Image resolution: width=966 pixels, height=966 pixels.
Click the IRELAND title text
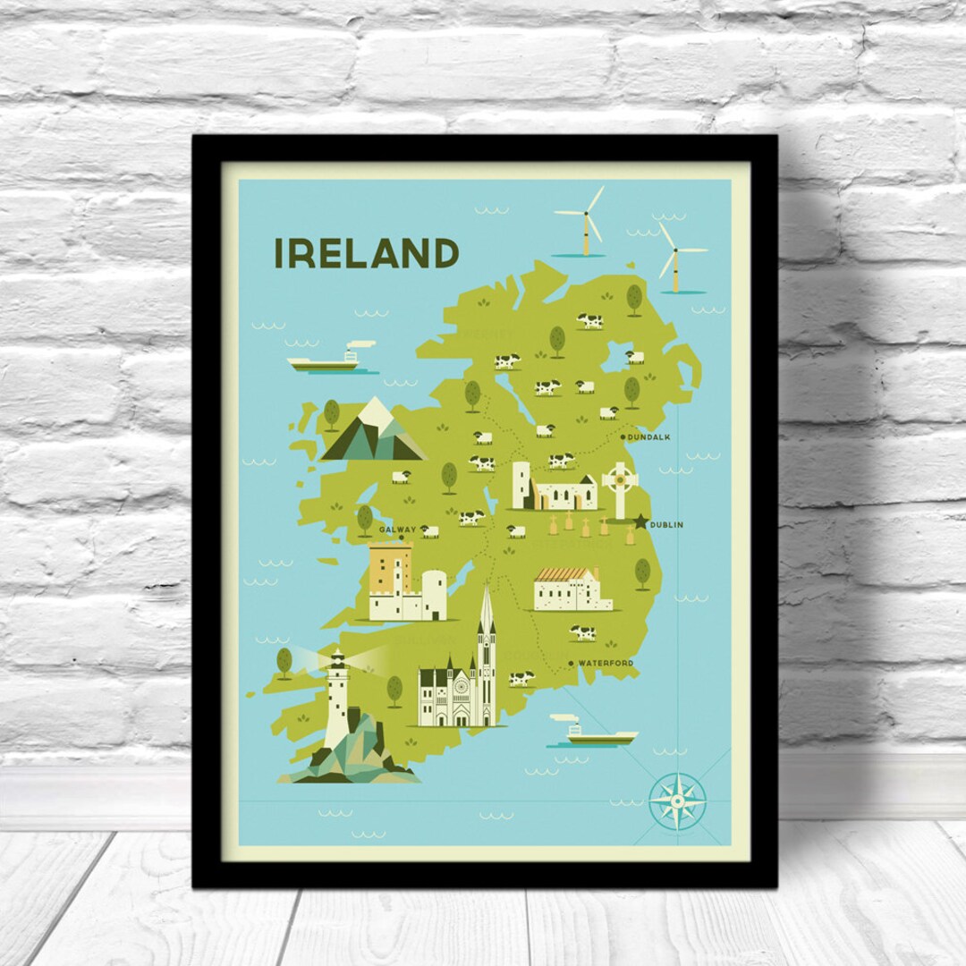coord(366,253)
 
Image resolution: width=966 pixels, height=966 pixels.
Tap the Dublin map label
coord(666,525)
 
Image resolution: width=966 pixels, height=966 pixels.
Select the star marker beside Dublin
coord(641,521)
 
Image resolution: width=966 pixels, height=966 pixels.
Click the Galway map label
coord(397,530)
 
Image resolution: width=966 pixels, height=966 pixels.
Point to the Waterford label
coord(606,663)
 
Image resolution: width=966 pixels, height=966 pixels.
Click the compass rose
coord(677,801)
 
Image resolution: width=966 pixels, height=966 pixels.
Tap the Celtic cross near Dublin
coord(618,487)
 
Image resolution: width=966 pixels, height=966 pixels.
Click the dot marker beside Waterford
coord(571,663)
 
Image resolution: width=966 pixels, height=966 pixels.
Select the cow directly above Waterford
coord(583,632)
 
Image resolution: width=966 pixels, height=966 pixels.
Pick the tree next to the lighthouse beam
coord(284,663)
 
